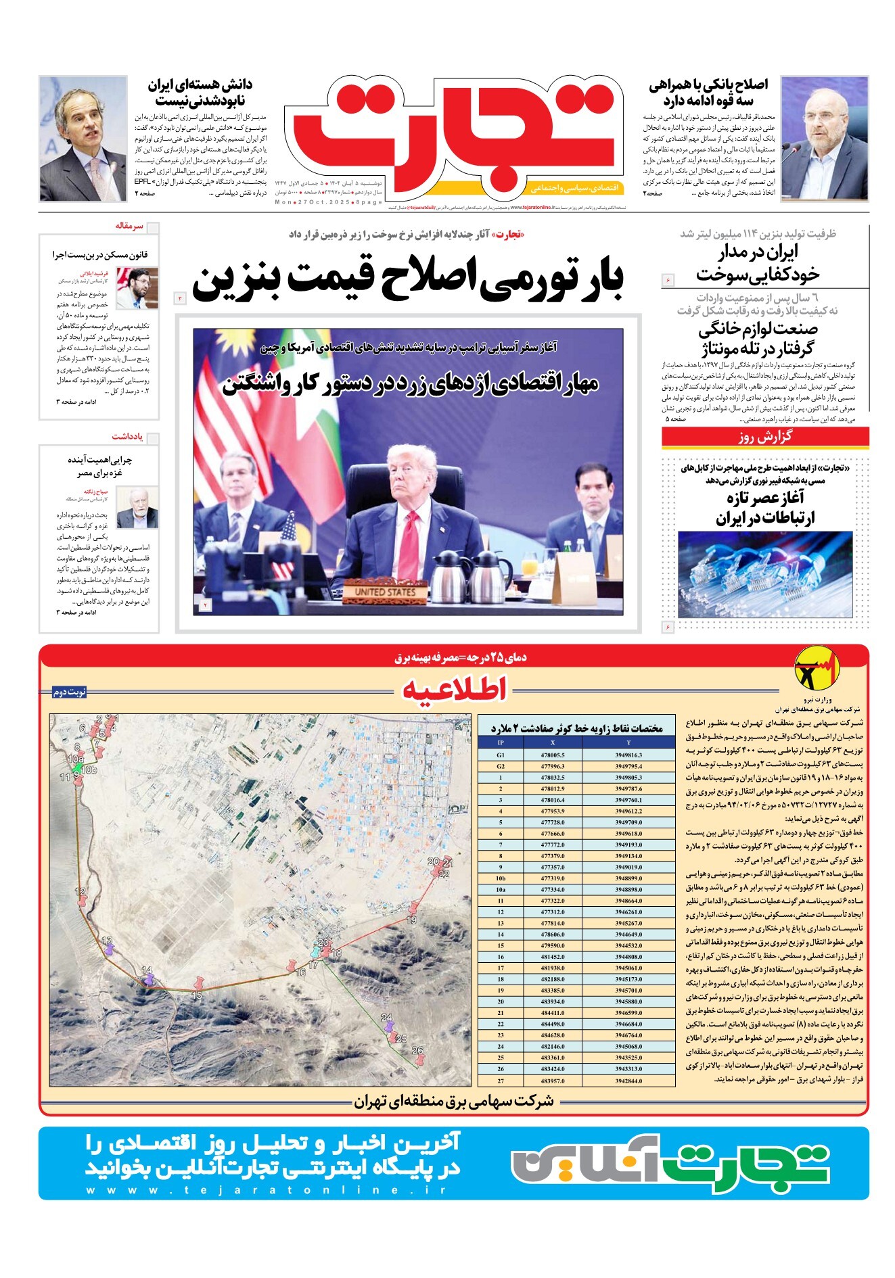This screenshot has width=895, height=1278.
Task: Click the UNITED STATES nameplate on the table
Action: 385,592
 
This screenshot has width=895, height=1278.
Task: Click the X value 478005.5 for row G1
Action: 553,755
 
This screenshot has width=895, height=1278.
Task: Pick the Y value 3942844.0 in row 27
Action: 628,1081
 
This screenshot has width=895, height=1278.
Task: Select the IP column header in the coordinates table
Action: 501,742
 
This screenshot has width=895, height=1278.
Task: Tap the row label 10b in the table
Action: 501,878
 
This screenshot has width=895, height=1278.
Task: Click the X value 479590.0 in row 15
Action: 553,945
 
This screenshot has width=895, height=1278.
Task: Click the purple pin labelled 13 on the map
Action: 108,945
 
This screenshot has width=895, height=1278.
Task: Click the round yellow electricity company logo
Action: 812,669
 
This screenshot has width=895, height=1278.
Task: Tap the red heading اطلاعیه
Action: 454,690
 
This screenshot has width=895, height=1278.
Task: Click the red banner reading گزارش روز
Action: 765,437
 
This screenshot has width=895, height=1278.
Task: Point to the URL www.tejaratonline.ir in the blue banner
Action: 266,1190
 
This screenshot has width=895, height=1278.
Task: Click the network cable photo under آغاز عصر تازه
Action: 765,574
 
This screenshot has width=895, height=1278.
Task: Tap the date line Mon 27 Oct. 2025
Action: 327,202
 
